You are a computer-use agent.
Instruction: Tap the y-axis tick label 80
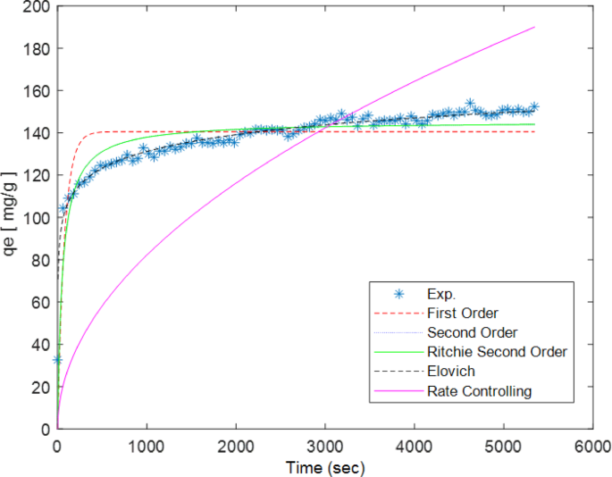tap(39, 260)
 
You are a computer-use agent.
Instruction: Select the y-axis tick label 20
tap(39, 387)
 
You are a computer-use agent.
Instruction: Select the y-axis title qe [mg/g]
tap(12, 218)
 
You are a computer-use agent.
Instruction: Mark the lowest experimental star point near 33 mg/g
tap(58, 360)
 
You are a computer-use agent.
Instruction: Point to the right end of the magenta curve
tap(534, 27)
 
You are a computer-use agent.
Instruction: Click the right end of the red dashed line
tap(534, 131)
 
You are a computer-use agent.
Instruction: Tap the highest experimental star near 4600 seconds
tap(470, 104)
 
